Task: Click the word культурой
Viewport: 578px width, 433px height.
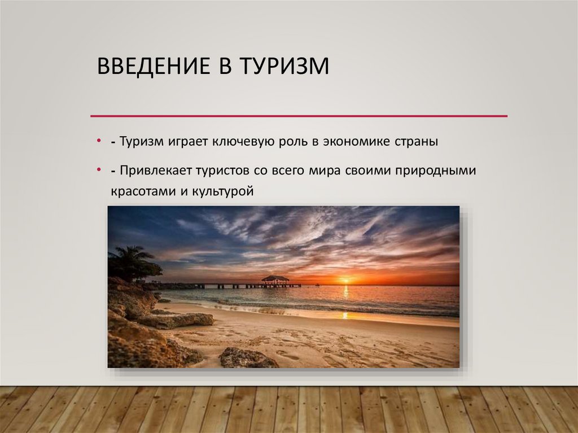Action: (222, 191)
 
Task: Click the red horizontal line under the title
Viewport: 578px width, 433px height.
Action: (299, 116)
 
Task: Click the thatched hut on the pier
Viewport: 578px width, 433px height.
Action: (275, 279)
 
